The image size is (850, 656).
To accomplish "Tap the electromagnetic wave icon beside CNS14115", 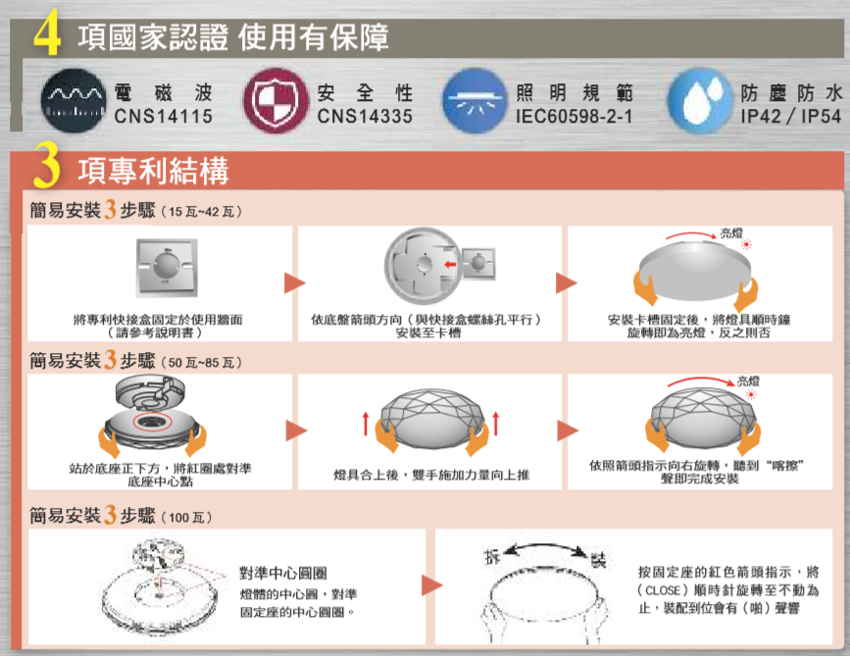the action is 73,102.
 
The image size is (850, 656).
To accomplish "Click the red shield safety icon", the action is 274,102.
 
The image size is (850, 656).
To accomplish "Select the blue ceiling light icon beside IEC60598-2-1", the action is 472,102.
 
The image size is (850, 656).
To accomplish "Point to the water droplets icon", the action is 697,102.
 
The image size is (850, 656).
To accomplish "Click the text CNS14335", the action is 366,116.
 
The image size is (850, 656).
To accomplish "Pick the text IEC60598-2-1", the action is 574,116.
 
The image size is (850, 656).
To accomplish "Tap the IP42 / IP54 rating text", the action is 791,116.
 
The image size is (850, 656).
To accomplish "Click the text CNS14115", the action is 163,116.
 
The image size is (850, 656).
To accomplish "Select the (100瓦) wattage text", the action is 189,516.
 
